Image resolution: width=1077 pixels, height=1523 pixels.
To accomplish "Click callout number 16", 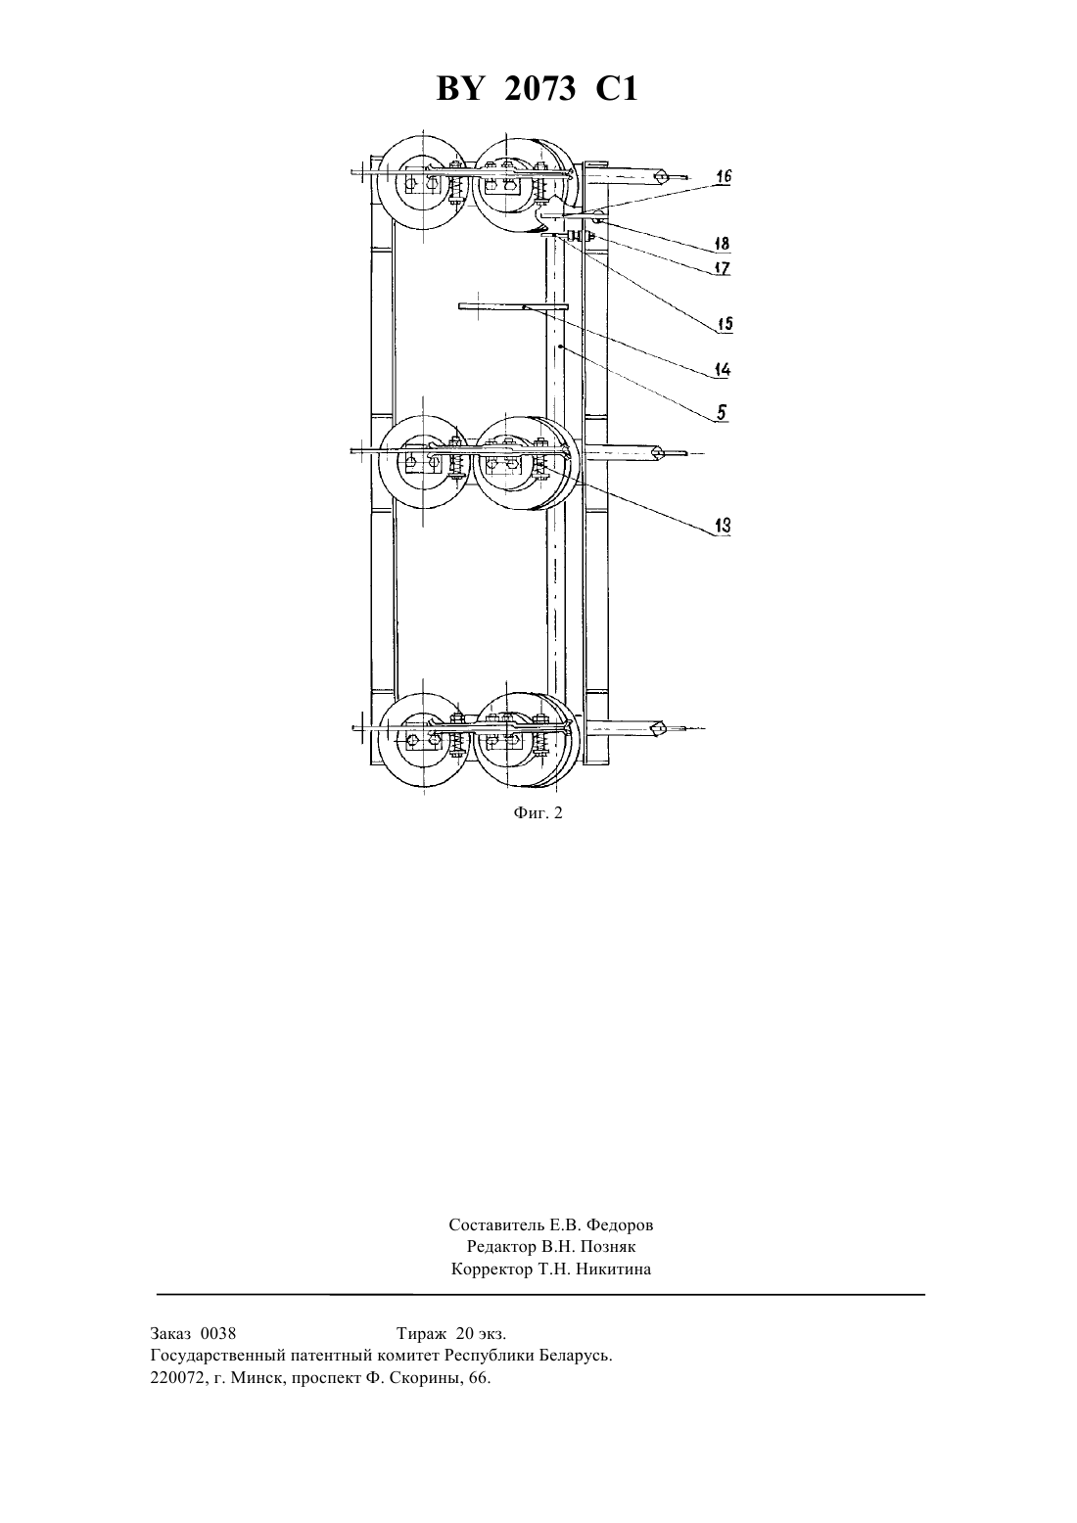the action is click(723, 177).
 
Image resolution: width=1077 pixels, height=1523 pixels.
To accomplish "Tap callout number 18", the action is click(722, 243).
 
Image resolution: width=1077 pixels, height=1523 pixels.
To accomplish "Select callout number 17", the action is click(722, 268).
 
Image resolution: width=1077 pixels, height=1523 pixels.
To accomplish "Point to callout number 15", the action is click(725, 323).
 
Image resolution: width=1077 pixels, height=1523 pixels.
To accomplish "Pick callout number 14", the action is click(723, 370).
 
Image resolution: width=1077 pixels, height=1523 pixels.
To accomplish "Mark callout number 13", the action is click(723, 525).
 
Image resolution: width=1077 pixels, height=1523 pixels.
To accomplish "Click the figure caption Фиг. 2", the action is click(538, 813).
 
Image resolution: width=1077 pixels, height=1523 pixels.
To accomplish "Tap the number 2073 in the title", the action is click(540, 88).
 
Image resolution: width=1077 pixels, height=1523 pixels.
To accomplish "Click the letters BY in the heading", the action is click(459, 88).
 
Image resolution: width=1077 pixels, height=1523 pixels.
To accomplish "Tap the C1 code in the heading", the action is click(617, 88).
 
